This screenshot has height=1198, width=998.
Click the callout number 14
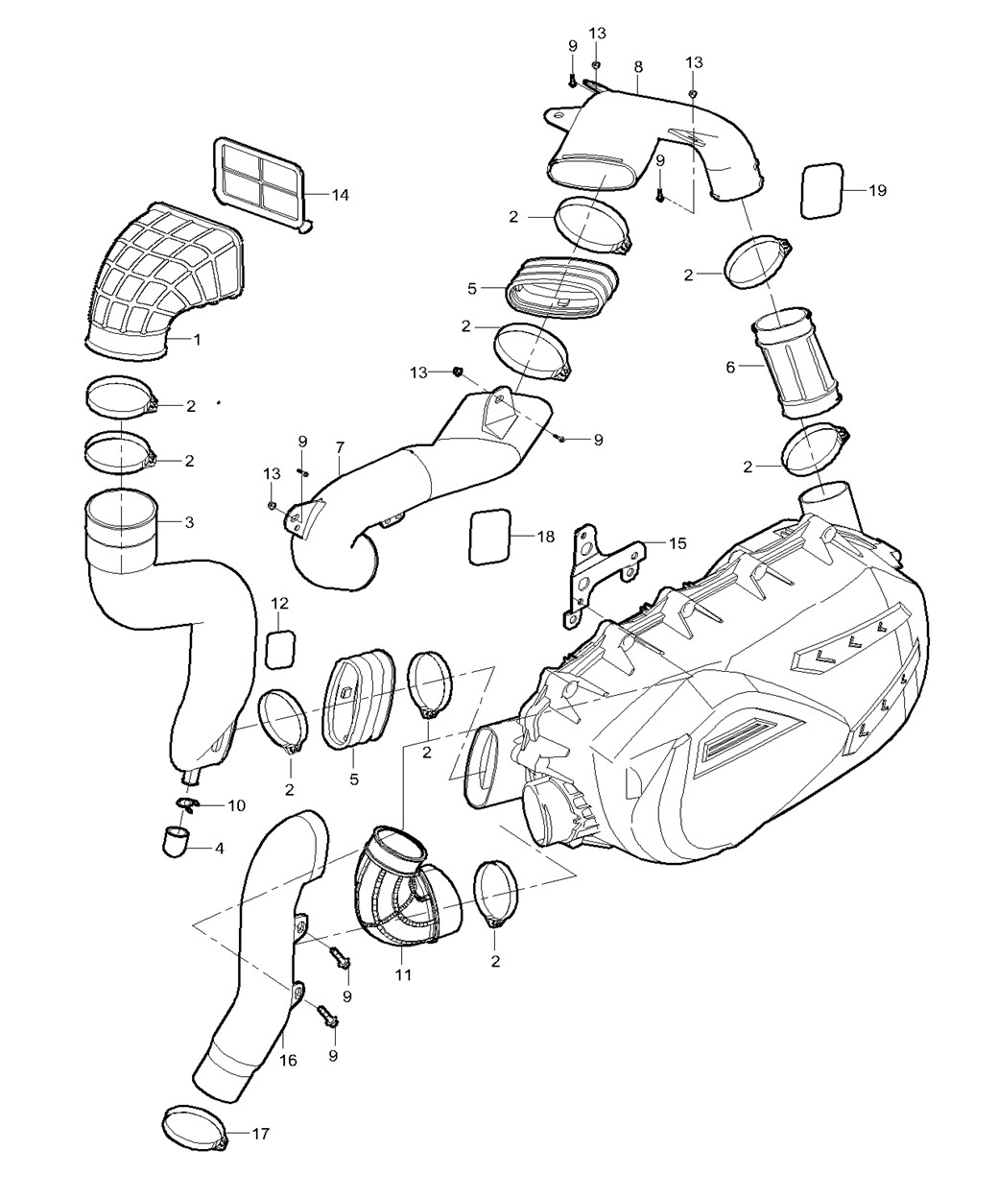(340, 196)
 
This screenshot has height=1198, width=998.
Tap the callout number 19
(877, 190)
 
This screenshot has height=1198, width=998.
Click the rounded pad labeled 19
(822, 190)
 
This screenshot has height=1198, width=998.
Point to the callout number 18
(545, 537)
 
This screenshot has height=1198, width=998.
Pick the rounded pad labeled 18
(489, 537)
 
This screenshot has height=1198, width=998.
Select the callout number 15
(677, 543)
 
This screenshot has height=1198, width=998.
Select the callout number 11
(403, 974)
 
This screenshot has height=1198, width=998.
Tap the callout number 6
(730, 368)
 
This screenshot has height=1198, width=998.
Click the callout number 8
(638, 67)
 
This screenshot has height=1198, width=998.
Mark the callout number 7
(340, 447)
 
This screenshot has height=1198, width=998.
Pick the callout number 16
(288, 1061)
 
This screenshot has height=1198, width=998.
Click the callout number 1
(198, 340)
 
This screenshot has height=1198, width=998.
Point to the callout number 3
(189, 523)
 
